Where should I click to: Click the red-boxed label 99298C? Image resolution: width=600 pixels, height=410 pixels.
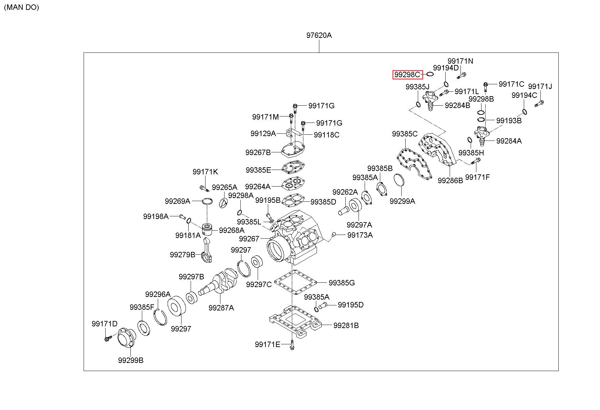pyautogui.click(x=408, y=74)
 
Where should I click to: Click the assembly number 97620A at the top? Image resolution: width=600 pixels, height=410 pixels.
pyautogui.click(x=319, y=35)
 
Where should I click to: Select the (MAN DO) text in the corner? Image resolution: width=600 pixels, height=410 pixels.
pyautogui.click(x=22, y=7)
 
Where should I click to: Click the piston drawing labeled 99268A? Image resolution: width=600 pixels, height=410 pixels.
pyautogui.click(x=207, y=230)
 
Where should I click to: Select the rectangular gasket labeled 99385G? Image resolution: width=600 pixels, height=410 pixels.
pyautogui.click(x=295, y=282)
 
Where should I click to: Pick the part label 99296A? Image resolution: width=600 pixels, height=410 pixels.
pyautogui.click(x=158, y=294)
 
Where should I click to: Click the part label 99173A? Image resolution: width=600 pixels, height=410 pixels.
pyautogui.click(x=360, y=235)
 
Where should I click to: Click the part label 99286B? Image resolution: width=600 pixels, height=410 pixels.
pyautogui.click(x=450, y=180)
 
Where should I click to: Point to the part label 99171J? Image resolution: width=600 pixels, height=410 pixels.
pyautogui.click(x=540, y=86)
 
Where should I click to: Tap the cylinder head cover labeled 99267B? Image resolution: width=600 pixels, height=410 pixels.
pyautogui.click(x=294, y=149)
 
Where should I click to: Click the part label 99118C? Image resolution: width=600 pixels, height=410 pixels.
pyautogui.click(x=326, y=135)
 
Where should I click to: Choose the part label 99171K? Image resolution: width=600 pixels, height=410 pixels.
pyautogui.click(x=205, y=172)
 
